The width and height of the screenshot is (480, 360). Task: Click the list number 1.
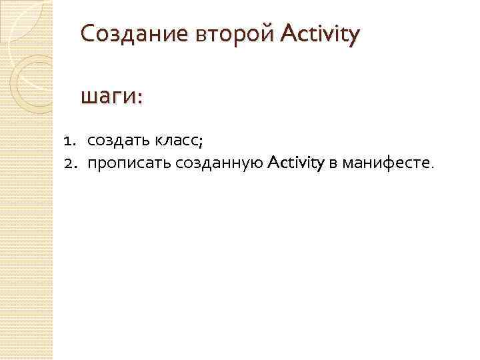(x=68, y=141)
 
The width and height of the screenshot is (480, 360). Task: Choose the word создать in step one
(x=118, y=141)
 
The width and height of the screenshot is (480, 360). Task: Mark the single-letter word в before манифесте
(x=333, y=161)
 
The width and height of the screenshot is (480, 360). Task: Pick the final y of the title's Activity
(x=353, y=35)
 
